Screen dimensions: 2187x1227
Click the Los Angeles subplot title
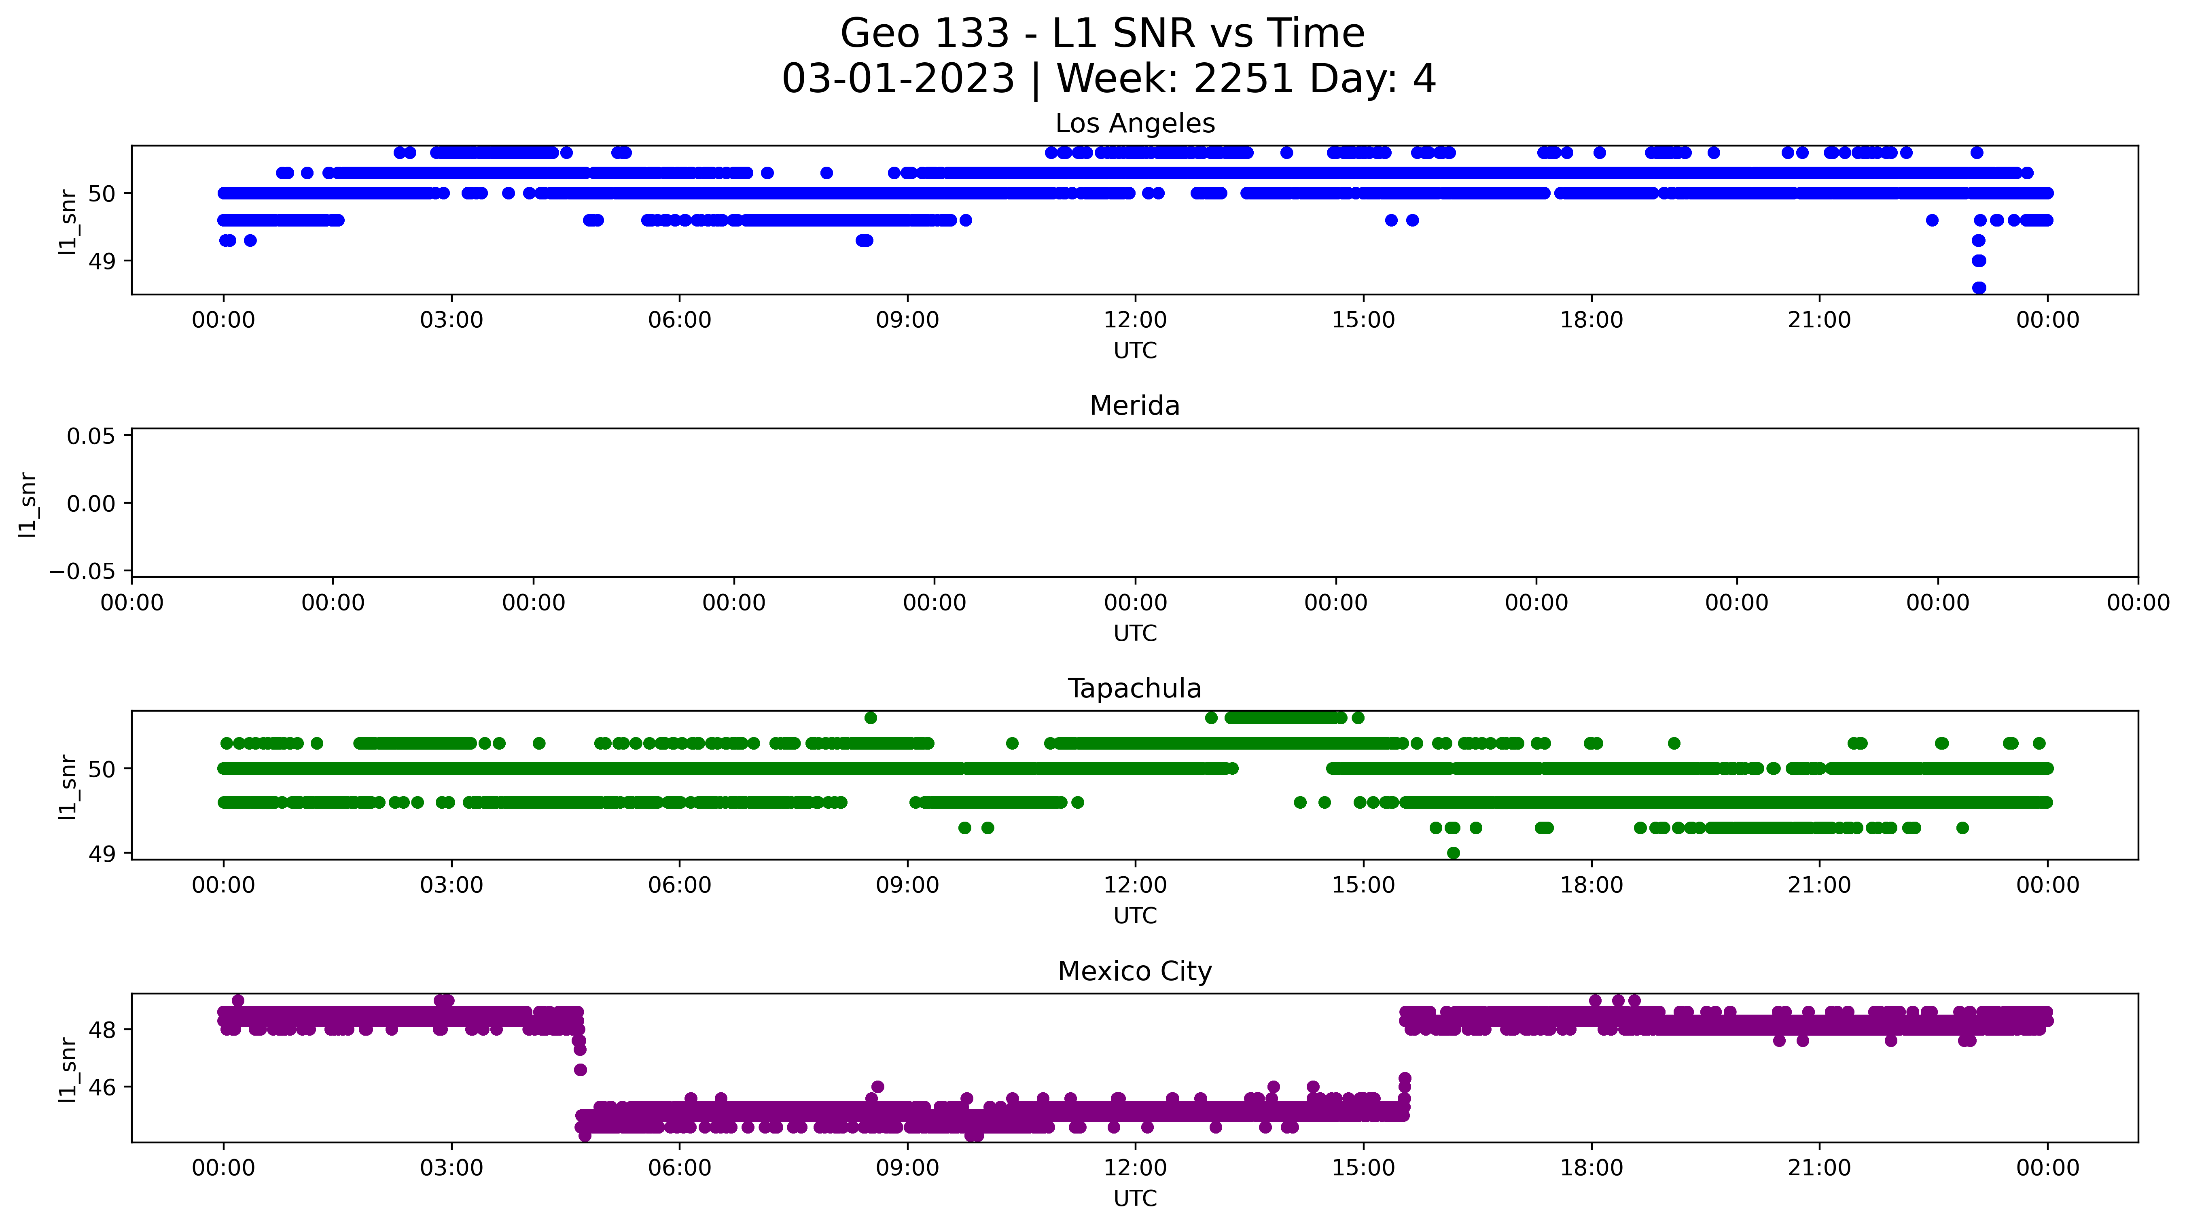(x=1135, y=124)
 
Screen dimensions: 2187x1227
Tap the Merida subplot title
(x=1135, y=406)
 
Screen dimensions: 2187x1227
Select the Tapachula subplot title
(x=1135, y=689)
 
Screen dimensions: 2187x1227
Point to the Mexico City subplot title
(x=1135, y=971)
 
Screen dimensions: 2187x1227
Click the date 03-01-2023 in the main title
(x=898, y=79)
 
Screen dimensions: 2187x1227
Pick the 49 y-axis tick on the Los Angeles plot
(x=102, y=261)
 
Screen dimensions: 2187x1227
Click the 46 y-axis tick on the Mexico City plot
(x=102, y=1087)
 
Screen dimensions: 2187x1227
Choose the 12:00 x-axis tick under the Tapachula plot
(x=1135, y=886)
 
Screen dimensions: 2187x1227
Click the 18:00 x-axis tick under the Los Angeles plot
(x=1591, y=320)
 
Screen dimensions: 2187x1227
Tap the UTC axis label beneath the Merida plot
(x=1135, y=634)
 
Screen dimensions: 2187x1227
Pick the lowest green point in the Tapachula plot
(x=1454, y=852)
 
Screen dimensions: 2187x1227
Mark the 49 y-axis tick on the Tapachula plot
(x=102, y=853)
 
